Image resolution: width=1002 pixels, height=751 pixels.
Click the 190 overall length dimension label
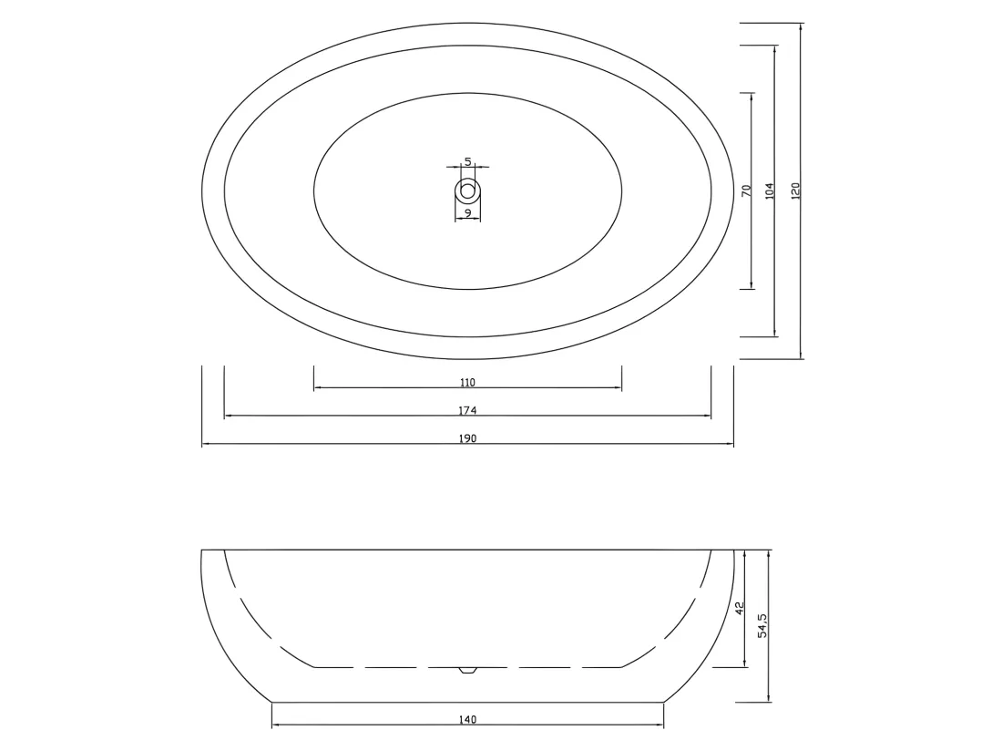click(x=468, y=438)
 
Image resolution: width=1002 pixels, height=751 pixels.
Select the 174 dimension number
click(x=468, y=410)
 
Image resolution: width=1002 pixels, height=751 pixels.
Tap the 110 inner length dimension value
click(x=468, y=382)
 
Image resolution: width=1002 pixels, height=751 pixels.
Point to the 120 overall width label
click(x=795, y=190)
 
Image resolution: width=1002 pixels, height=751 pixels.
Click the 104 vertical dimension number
click(x=770, y=190)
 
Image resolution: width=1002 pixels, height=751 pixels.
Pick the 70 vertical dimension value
click(x=746, y=190)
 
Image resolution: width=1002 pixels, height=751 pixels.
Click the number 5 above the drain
click(x=468, y=161)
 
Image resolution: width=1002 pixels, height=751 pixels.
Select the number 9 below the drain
click(x=468, y=213)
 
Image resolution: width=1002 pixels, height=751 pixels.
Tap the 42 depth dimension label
click(x=740, y=608)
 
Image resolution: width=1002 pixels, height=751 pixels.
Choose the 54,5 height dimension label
click(x=762, y=626)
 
